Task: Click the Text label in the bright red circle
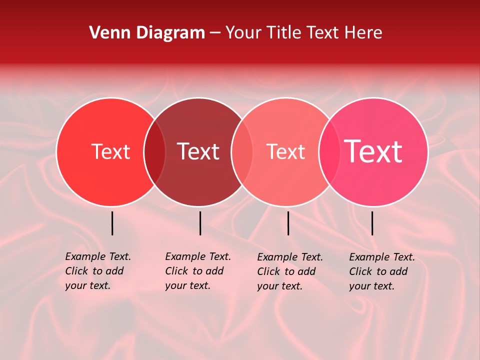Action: pyautogui.click(x=110, y=151)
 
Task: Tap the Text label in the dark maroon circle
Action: pyautogui.click(x=198, y=151)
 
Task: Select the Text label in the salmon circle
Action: pyautogui.click(x=285, y=151)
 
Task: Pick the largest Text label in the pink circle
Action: pyautogui.click(x=373, y=151)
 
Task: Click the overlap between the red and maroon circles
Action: pyautogui.click(x=154, y=152)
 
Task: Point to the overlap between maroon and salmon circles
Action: pyautogui.click(x=242, y=152)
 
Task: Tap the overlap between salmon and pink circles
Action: pyautogui.click(x=329, y=152)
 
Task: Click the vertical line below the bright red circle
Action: pyautogui.click(x=112, y=223)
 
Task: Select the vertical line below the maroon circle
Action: pyautogui.click(x=200, y=223)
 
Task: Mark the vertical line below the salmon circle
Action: pyautogui.click(x=288, y=223)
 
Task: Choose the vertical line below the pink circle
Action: pyautogui.click(x=372, y=223)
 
